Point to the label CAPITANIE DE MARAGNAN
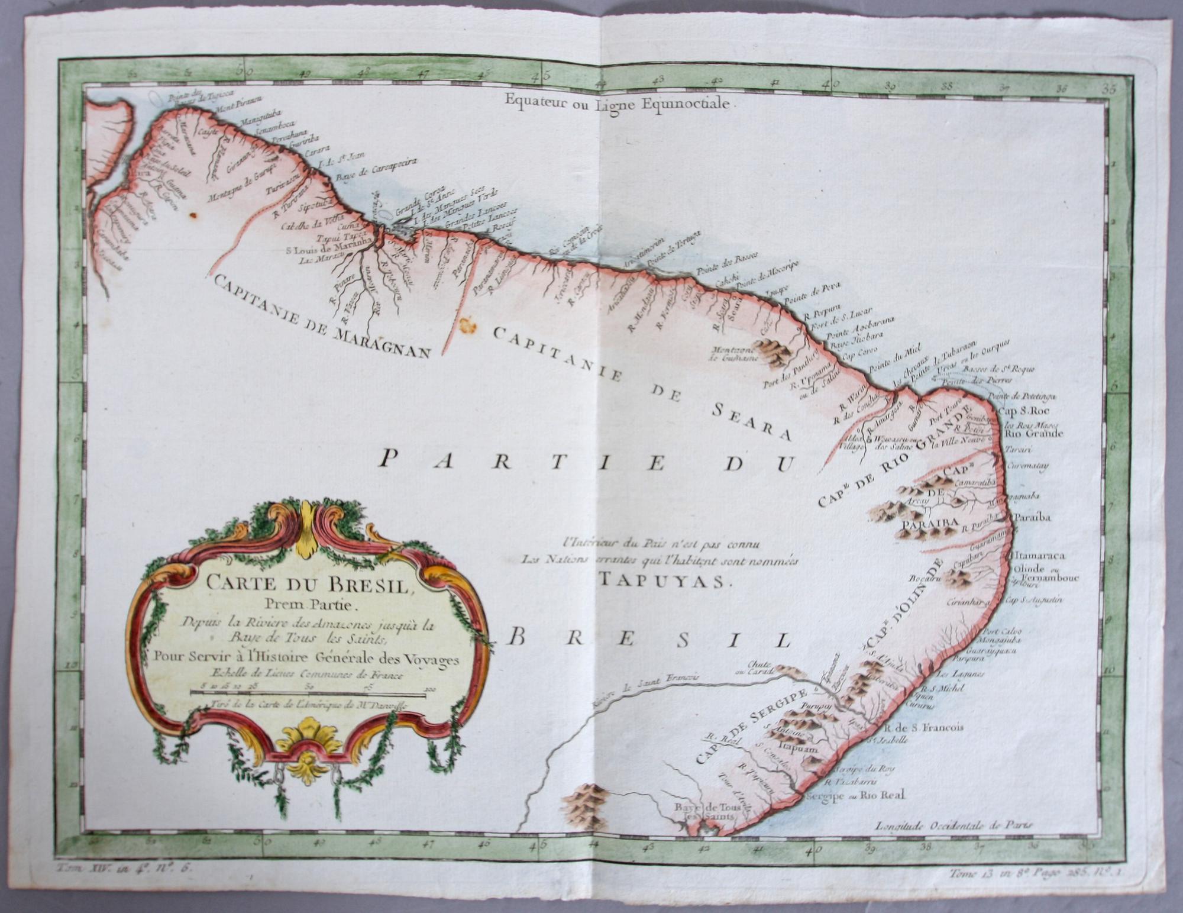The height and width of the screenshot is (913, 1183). tap(319, 317)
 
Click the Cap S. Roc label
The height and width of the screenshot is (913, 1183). tap(1020, 410)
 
